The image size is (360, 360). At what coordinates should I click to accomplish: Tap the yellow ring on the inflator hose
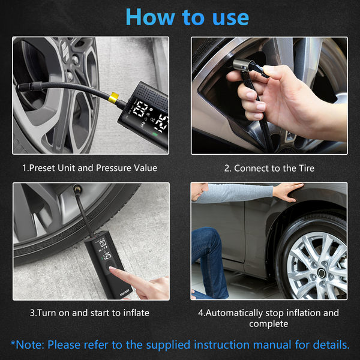(x=113, y=97)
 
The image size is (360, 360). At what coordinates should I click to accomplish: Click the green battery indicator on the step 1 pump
(x=155, y=134)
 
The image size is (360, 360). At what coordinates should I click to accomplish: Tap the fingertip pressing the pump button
(x=113, y=269)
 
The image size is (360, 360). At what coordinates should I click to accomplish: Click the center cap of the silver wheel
(x=322, y=272)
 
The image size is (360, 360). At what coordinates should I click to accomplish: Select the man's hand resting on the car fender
(x=289, y=191)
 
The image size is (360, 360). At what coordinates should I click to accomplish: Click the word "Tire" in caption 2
(x=307, y=168)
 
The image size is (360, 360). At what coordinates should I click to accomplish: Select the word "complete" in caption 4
(x=269, y=324)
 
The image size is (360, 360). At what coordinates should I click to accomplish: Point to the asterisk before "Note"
(x=13, y=343)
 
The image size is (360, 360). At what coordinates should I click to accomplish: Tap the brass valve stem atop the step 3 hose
(x=77, y=190)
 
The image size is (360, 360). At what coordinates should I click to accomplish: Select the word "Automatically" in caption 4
(x=234, y=313)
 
